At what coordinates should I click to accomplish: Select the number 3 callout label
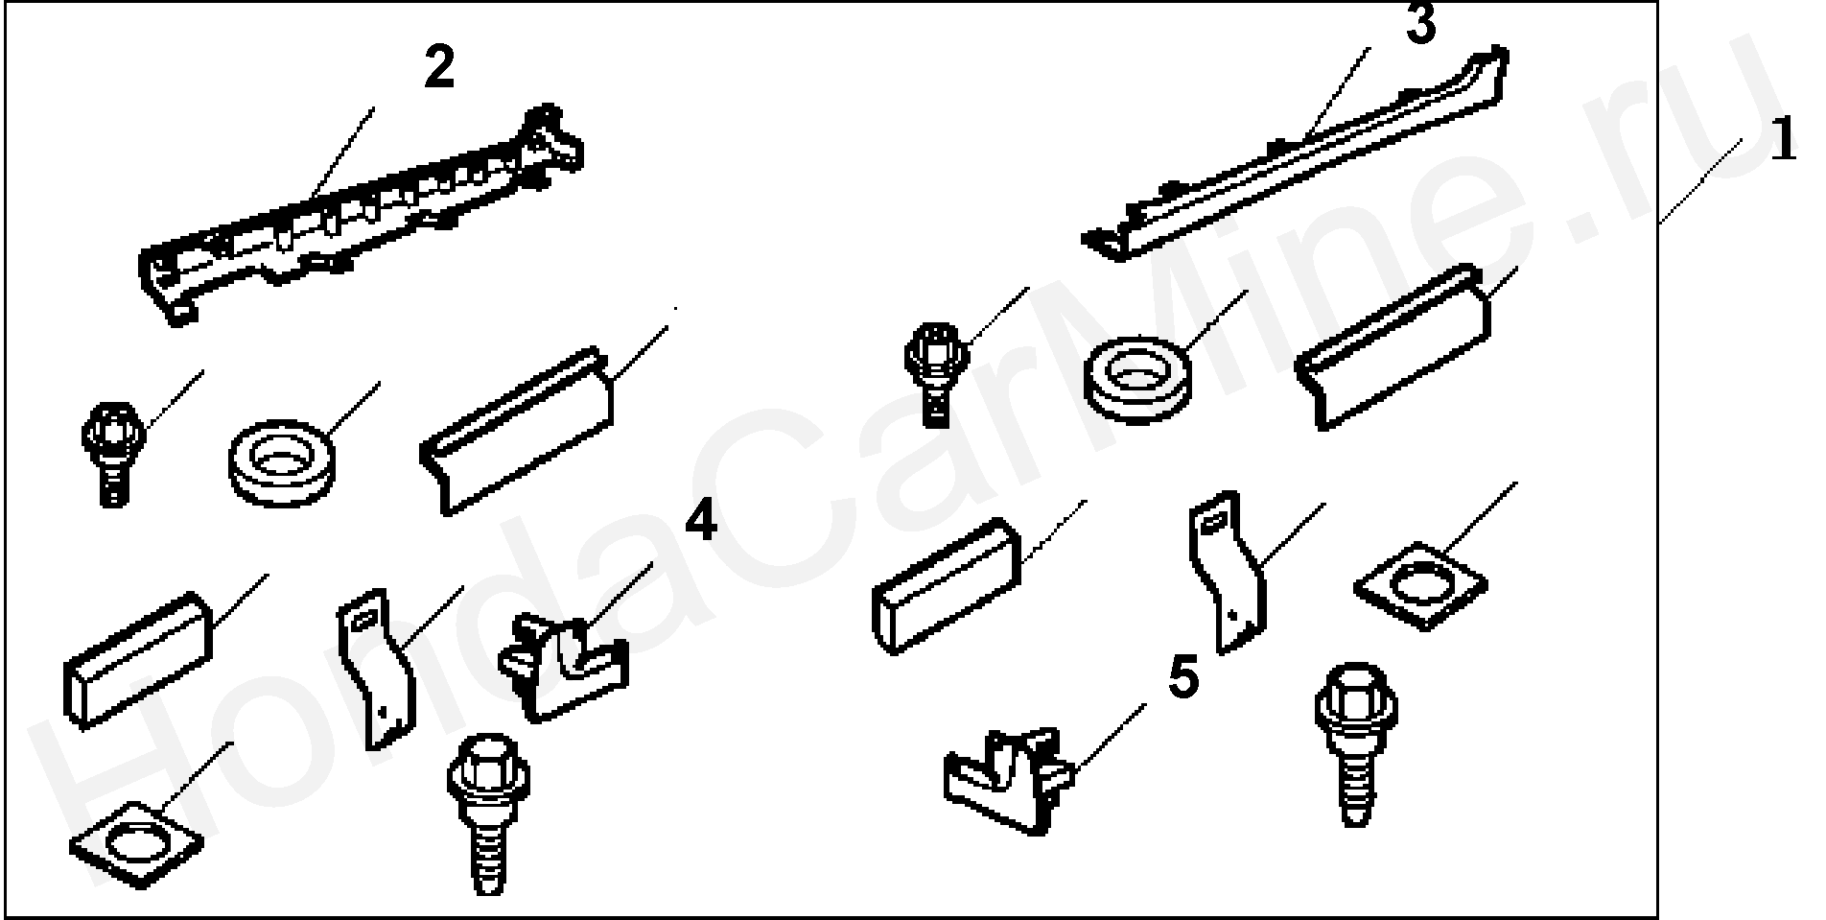coord(1421,23)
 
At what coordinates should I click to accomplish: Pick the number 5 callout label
coord(1184,679)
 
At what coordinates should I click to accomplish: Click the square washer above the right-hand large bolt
coord(1420,585)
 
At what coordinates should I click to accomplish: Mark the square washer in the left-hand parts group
coord(137,843)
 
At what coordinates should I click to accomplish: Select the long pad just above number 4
coord(517,428)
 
